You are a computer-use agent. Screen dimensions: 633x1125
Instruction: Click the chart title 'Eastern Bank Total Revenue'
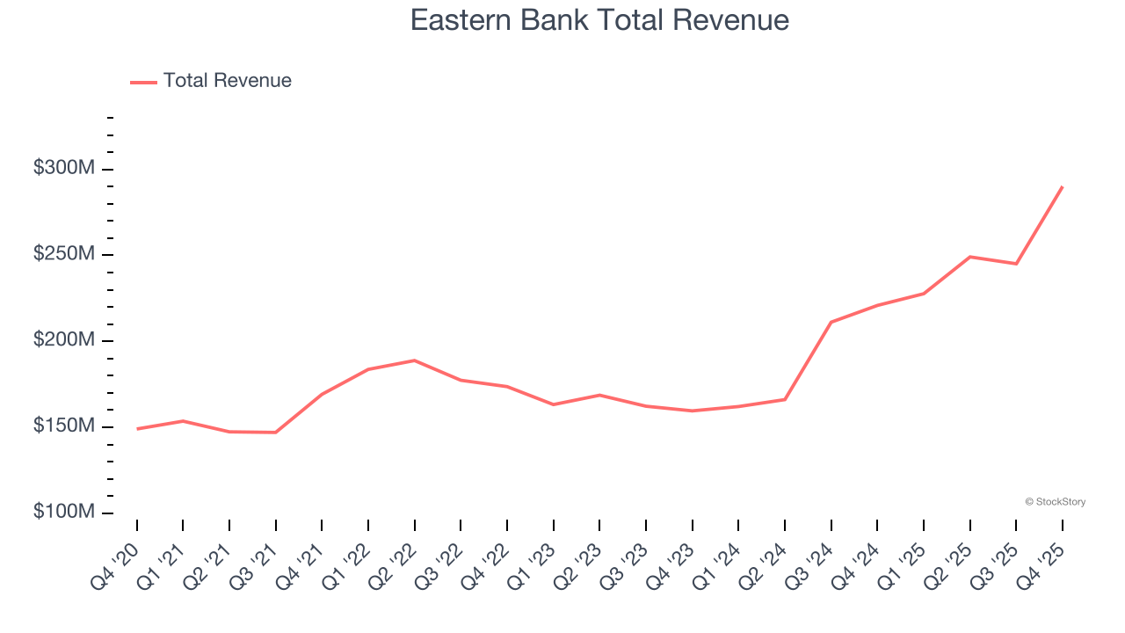point(599,20)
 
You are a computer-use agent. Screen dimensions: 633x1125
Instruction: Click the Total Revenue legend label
point(227,81)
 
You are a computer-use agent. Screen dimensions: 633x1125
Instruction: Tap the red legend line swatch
point(143,82)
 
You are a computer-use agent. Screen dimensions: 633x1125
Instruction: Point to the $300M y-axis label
point(64,168)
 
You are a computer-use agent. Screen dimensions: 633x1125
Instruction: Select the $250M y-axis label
point(64,254)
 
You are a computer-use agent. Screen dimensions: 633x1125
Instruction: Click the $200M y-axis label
point(64,340)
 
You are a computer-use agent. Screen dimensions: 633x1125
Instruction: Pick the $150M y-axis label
point(64,426)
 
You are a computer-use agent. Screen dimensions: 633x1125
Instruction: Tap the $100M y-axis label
point(64,512)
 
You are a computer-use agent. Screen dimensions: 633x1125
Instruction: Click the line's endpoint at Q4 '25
point(1063,186)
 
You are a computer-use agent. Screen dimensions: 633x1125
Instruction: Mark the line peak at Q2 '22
point(414,360)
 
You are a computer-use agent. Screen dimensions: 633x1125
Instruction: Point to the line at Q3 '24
point(831,322)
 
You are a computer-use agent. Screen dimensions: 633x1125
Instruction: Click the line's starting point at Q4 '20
point(137,429)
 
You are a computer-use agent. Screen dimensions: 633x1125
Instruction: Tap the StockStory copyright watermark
point(1055,502)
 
